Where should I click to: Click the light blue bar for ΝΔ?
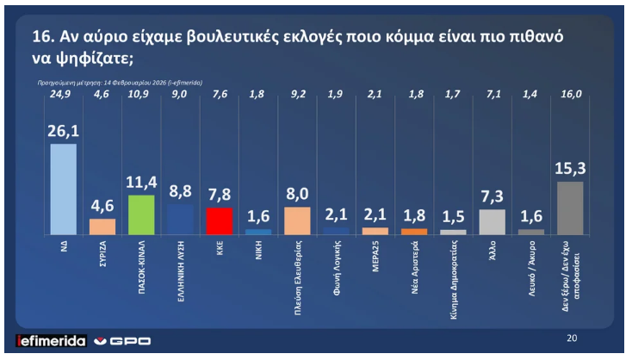pyautogui.click(x=64, y=189)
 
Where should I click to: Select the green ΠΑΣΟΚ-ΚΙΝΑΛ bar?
pyautogui.click(x=141, y=214)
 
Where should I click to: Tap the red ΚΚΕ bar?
pyautogui.click(x=219, y=220)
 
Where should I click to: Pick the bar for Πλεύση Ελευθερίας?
pyautogui.click(x=296, y=220)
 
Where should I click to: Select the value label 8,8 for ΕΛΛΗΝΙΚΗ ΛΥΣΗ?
pyautogui.click(x=180, y=190)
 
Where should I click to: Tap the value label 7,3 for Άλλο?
pyautogui.click(x=491, y=195)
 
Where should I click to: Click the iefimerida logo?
pyautogui.click(x=51, y=340)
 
